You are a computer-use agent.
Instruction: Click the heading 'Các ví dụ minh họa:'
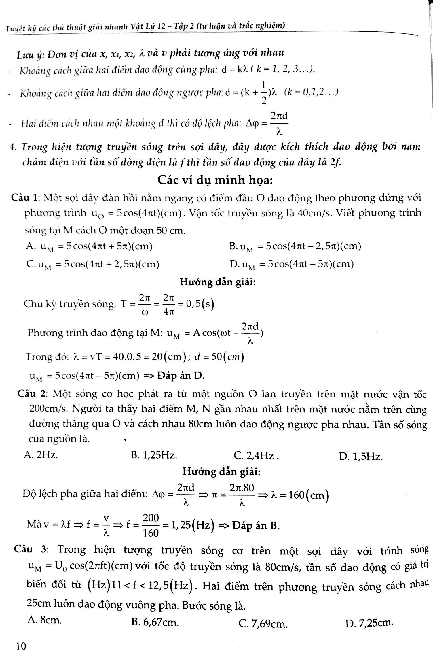click(215, 181)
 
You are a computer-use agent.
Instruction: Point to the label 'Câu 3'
click(31, 550)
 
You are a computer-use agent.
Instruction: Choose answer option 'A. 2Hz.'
click(41, 455)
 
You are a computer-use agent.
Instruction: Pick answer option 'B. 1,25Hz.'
click(154, 455)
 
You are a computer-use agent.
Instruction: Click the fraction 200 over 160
click(151, 526)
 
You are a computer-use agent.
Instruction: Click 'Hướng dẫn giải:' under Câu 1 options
click(218, 282)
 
